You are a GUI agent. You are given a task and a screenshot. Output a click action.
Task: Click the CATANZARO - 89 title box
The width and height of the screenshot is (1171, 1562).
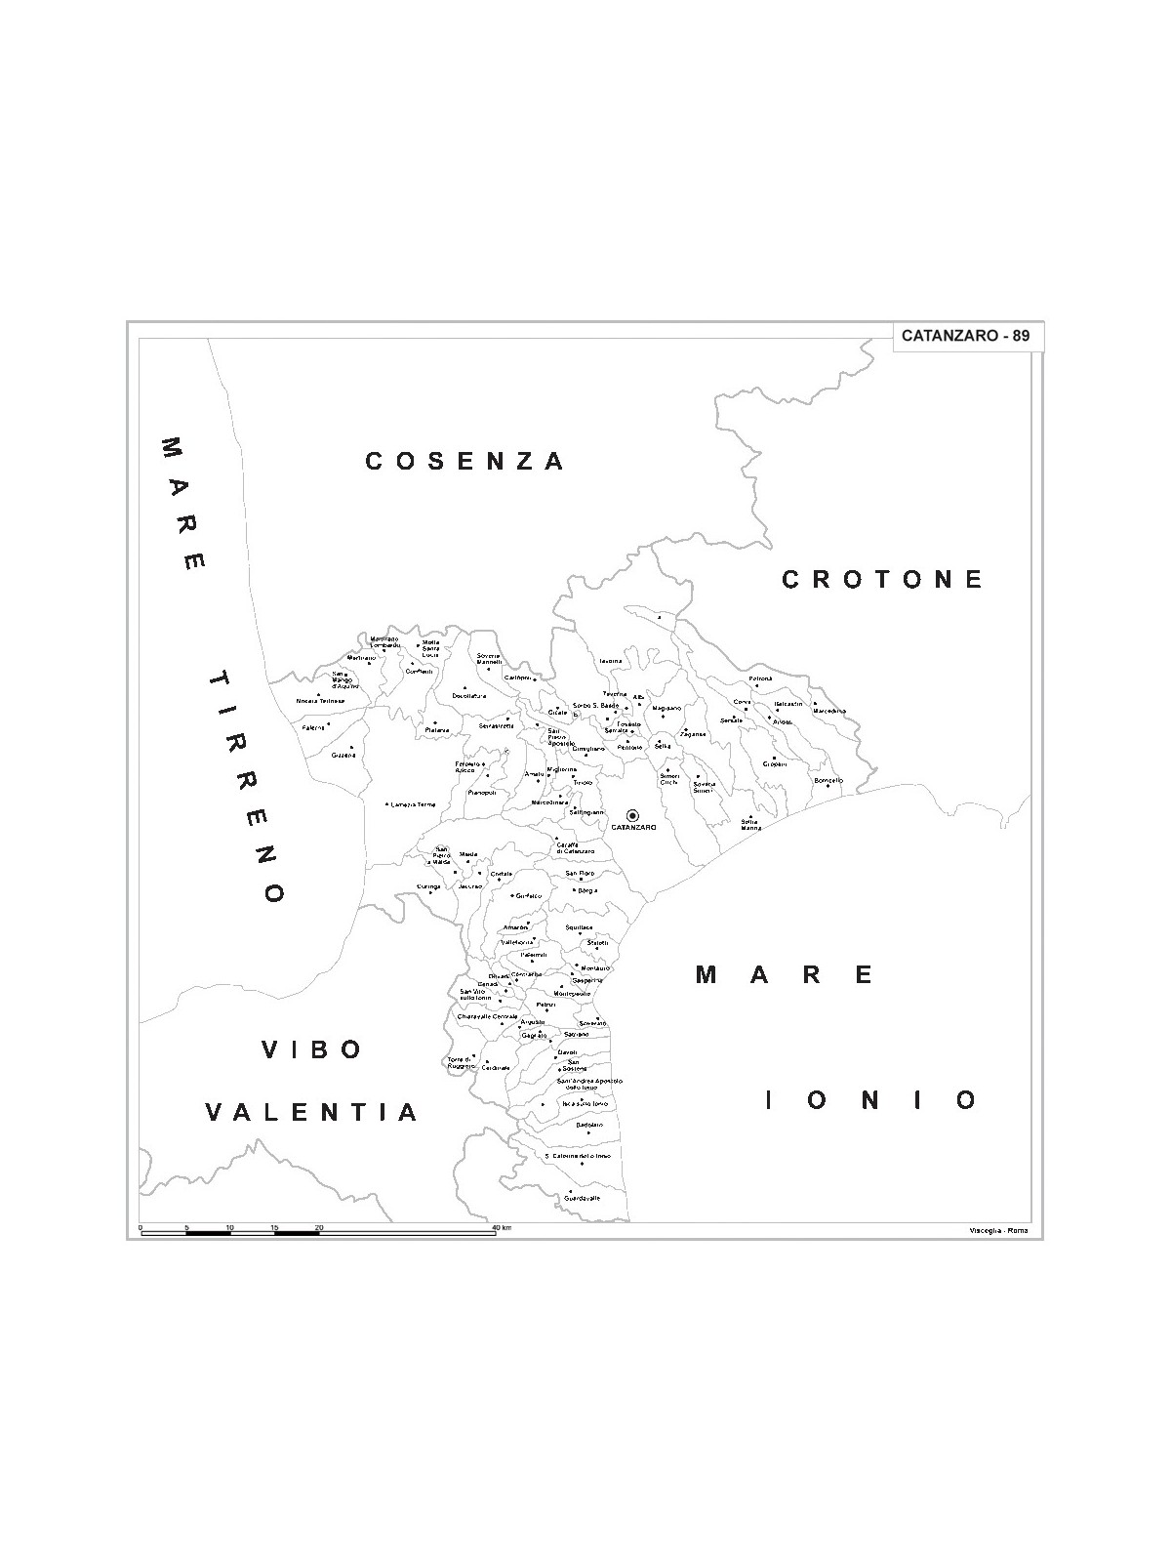pos(965,336)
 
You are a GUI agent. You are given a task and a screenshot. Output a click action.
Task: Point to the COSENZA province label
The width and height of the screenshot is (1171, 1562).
pos(464,461)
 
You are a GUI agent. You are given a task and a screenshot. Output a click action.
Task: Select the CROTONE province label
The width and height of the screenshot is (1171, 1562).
pos(883,580)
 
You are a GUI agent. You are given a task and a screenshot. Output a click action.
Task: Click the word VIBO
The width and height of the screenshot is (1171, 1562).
pos(312,1049)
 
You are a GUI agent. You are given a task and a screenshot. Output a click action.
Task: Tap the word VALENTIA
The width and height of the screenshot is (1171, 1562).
pos(312,1112)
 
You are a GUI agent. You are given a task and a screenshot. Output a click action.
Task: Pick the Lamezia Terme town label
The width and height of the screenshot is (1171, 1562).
pos(412,804)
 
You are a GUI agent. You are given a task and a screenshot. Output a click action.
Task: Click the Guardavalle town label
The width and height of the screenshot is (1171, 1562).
pos(583,1198)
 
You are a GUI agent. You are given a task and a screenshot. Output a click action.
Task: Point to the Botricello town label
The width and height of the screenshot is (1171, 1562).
pos(828,780)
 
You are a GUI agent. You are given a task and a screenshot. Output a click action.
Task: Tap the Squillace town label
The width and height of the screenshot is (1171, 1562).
pos(579,927)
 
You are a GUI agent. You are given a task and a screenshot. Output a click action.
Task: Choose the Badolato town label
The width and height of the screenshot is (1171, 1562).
pos(589,1125)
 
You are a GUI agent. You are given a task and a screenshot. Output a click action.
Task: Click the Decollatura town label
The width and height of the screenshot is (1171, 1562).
pos(468,696)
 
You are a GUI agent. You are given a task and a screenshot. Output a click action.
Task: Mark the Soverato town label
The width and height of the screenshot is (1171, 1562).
pos(592,1023)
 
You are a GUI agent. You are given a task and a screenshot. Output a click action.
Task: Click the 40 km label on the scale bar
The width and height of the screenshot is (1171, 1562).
pos(502,1226)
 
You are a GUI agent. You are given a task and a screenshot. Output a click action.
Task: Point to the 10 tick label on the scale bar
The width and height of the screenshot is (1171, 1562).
pos(229,1226)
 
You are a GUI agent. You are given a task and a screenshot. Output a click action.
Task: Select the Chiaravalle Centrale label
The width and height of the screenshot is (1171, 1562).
pos(487,1016)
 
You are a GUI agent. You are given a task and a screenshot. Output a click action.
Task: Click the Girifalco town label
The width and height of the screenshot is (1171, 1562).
pos(528,895)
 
